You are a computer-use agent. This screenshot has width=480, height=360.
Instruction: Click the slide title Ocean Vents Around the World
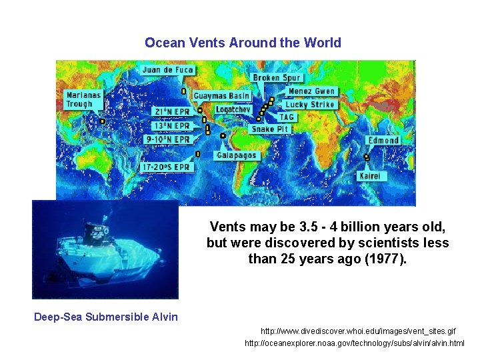point(243,43)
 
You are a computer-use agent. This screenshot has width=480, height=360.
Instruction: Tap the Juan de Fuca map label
point(167,70)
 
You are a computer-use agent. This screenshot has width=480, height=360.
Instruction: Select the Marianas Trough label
point(84,99)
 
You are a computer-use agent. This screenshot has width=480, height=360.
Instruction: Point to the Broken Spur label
point(277,78)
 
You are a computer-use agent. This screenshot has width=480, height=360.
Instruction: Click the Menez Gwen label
point(311,91)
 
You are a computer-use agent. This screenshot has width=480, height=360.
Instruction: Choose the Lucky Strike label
point(309,105)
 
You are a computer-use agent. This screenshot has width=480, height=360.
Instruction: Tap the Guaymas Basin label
point(222,96)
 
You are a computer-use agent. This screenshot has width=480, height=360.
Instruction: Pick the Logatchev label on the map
point(233,109)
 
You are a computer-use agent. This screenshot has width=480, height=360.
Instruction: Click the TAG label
point(287,117)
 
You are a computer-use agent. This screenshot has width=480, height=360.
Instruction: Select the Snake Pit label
point(271,129)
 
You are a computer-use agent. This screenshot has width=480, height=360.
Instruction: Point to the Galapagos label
point(236,155)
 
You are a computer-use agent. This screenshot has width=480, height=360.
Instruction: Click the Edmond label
point(384,141)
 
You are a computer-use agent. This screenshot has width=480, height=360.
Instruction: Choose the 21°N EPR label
point(172,112)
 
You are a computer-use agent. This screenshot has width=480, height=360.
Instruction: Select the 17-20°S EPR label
point(166,167)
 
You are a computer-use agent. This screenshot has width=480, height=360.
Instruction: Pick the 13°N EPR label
point(171,126)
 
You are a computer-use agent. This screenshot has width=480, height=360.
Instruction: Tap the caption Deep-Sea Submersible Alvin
point(106,317)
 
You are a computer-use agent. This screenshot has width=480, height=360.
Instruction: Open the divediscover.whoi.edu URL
point(358,331)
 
